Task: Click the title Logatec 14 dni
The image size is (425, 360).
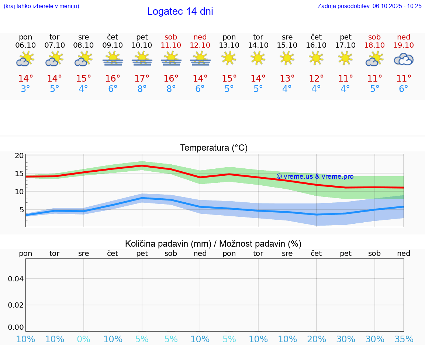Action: point(180,11)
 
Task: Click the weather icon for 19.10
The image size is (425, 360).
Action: point(404,59)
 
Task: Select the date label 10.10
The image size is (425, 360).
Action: point(142,45)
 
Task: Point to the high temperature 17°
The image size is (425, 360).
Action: point(142,79)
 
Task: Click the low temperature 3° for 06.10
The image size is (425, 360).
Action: point(25,89)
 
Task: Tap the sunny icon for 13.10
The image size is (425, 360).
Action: point(229,58)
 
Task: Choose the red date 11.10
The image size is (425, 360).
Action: point(171,45)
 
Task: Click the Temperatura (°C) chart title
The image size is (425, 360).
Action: point(214,148)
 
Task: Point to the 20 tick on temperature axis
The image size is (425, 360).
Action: point(19,155)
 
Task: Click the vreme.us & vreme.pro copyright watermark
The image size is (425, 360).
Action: point(315,176)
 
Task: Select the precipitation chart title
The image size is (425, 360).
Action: point(213,244)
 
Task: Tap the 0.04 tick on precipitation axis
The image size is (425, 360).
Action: point(16,279)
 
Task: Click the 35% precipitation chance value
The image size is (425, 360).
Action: point(404,339)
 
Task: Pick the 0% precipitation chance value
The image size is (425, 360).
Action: point(84,339)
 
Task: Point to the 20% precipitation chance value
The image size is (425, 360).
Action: point(316,339)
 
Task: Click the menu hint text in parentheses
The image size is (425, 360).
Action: point(41,6)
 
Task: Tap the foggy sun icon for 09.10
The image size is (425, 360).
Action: point(113,59)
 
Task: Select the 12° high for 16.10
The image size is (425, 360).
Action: point(316,79)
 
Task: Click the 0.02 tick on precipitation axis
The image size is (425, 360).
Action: point(16,305)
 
